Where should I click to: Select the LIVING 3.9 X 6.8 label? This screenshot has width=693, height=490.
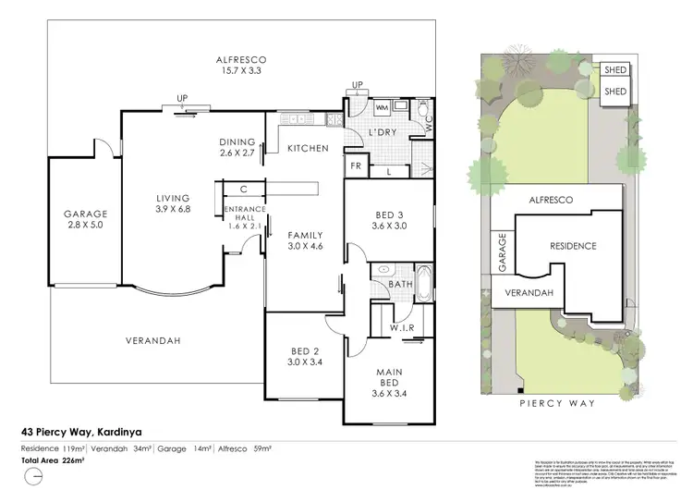173,204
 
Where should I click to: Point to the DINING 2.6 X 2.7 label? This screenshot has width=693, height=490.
237,147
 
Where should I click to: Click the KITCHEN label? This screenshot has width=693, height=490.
307,148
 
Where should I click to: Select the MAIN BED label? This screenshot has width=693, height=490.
389,380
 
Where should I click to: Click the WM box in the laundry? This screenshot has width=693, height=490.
381,108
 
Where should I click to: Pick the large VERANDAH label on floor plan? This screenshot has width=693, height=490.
151,340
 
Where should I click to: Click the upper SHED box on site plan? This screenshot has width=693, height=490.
614,70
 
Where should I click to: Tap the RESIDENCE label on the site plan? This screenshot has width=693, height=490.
573,246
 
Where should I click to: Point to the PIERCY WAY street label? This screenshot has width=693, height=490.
555,403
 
